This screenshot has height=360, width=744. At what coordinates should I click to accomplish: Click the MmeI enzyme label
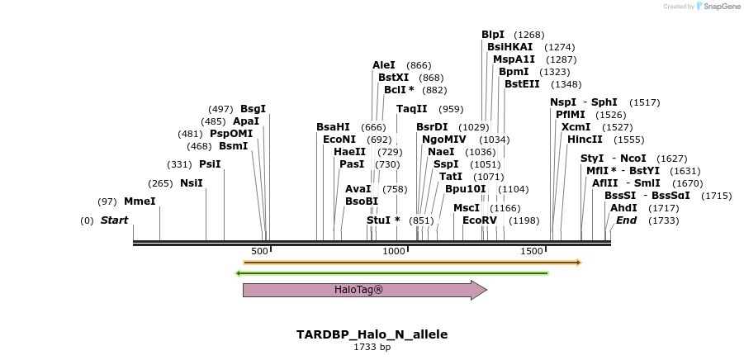[x=140, y=201]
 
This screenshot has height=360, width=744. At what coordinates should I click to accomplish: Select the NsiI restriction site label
[x=191, y=183]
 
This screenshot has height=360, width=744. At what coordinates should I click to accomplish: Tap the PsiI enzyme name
[x=210, y=164]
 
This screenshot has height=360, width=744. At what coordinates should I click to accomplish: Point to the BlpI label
[x=493, y=35]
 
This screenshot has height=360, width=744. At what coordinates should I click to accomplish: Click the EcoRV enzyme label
[x=480, y=220]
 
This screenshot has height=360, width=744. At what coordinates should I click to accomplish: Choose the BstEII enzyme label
[x=522, y=84]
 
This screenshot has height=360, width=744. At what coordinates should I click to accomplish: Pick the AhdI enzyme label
[x=623, y=208]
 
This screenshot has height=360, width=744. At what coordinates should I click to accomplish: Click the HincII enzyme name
[x=585, y=140]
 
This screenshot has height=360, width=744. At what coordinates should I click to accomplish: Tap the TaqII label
[x=412, y=109]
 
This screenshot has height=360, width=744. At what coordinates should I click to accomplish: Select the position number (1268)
[x=529, y=35]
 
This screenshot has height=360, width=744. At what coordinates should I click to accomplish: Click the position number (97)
[x=107, y=201]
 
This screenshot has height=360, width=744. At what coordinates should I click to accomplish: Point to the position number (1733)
[x=663, y=220]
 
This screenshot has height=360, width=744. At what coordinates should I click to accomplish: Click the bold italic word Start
[x=115, y=220]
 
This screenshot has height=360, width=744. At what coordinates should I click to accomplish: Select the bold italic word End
[x=627, y=220]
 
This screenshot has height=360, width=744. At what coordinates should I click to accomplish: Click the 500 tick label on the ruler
[x=259, y=251]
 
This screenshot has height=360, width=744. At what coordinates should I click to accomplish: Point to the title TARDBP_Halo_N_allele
[x=372, y=334]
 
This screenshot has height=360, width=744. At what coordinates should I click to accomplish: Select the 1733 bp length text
[x=372, y=348]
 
